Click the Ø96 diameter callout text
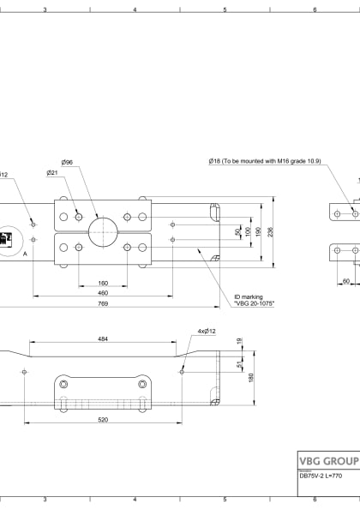[66, 162]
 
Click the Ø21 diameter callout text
[52, 172]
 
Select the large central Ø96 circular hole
[102, 230]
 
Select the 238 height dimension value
[271, 231]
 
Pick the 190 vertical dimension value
[260, 231]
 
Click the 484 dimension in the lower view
[102, 339]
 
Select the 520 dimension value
[102, 419]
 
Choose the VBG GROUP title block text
[327, 458]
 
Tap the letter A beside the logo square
[25, 254]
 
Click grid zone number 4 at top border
[135, 9]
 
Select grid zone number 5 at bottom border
[225, 499]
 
